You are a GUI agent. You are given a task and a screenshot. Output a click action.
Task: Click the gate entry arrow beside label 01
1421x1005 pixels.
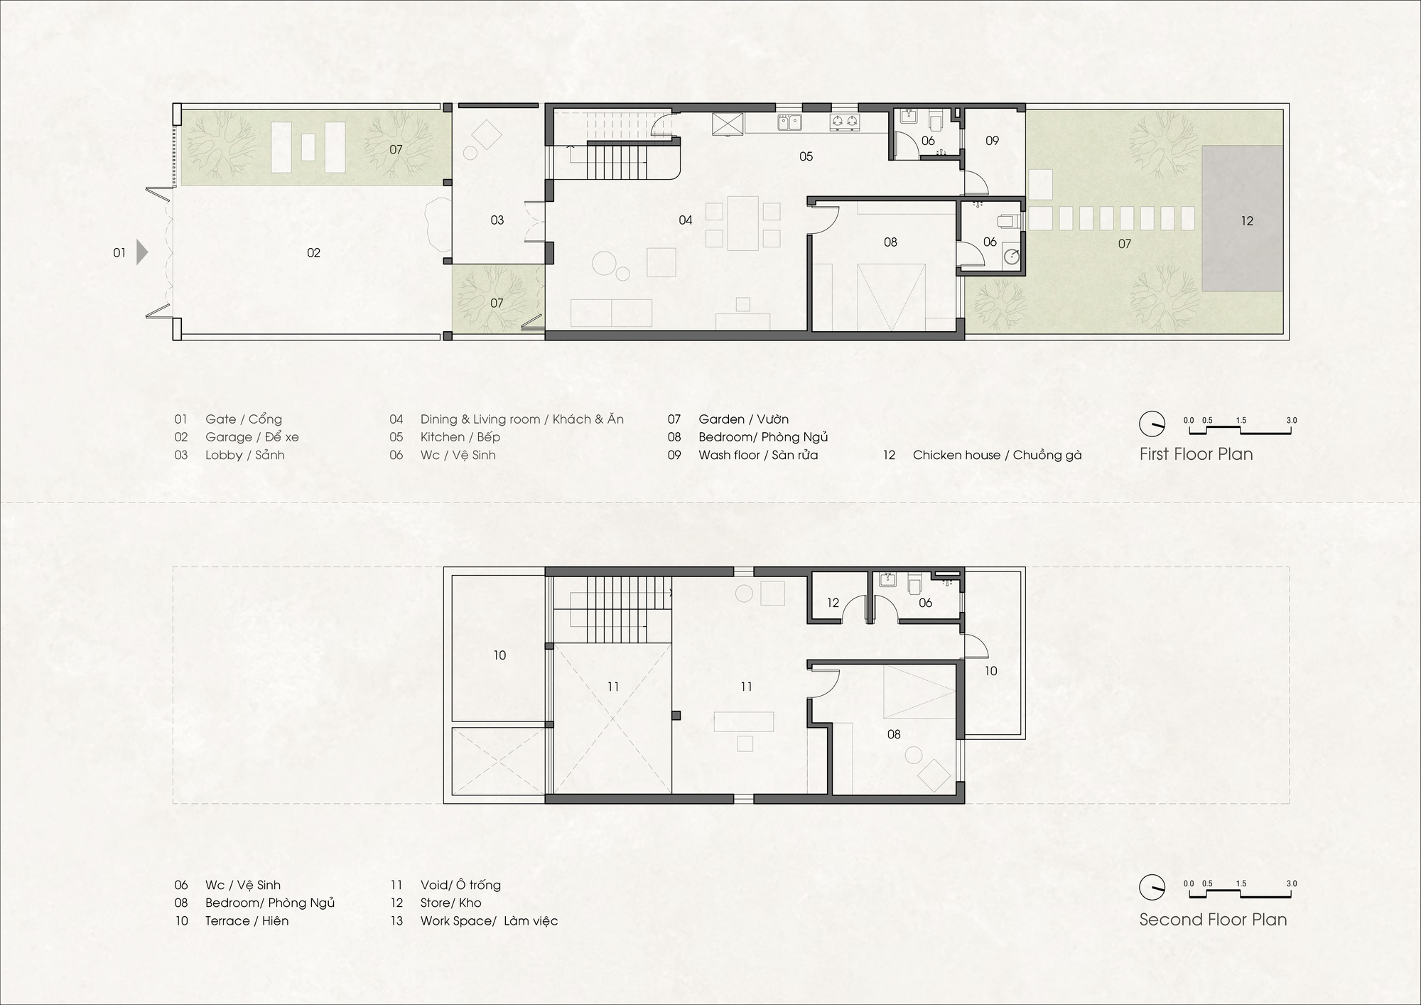(x=142, y=252)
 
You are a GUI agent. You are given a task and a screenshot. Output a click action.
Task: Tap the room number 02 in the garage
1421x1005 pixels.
(x=313, y=253)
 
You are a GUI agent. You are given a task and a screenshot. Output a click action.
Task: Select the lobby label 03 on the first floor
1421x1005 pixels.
(x=497, y=220)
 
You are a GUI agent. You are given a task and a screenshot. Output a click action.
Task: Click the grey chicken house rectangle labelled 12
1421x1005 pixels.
(x=1242, y=218)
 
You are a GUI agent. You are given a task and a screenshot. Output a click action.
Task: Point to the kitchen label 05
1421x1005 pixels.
(x=806, y=156)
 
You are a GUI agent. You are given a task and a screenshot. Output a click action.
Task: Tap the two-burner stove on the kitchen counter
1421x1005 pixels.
(x=844, y=122)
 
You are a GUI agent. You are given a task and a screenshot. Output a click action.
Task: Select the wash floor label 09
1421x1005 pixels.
(x=992, y=141)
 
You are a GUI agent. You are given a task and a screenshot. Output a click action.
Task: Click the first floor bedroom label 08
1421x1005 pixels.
(x=890, y=242)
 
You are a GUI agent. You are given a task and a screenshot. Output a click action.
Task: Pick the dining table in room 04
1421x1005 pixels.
(x=743, y=223)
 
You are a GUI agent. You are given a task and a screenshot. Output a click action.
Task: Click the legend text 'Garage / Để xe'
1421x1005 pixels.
(x=252, y=437)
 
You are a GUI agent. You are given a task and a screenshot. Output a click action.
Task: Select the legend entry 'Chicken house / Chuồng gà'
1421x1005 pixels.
(x=997, y=455)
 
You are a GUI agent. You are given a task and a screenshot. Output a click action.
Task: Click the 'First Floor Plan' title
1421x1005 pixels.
(x=1196, y=454)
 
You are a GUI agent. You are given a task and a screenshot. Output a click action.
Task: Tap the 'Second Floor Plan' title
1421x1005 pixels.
(x=1213, y=920)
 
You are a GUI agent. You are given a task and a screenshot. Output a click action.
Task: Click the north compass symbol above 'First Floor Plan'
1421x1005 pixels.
(x=1152, y=424)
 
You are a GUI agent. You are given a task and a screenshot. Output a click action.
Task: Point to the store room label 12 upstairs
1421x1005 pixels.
(x=833, y=603)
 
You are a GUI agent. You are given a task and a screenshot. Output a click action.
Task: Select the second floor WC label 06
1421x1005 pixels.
(x=925, y=603)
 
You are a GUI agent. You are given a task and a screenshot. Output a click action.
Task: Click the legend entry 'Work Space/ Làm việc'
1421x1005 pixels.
(x=489, y=921)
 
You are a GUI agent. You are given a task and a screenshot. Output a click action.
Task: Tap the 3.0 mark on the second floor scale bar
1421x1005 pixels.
(x=1291, y=883)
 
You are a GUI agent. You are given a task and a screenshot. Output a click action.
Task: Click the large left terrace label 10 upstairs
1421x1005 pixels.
(x=499, y=655)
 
